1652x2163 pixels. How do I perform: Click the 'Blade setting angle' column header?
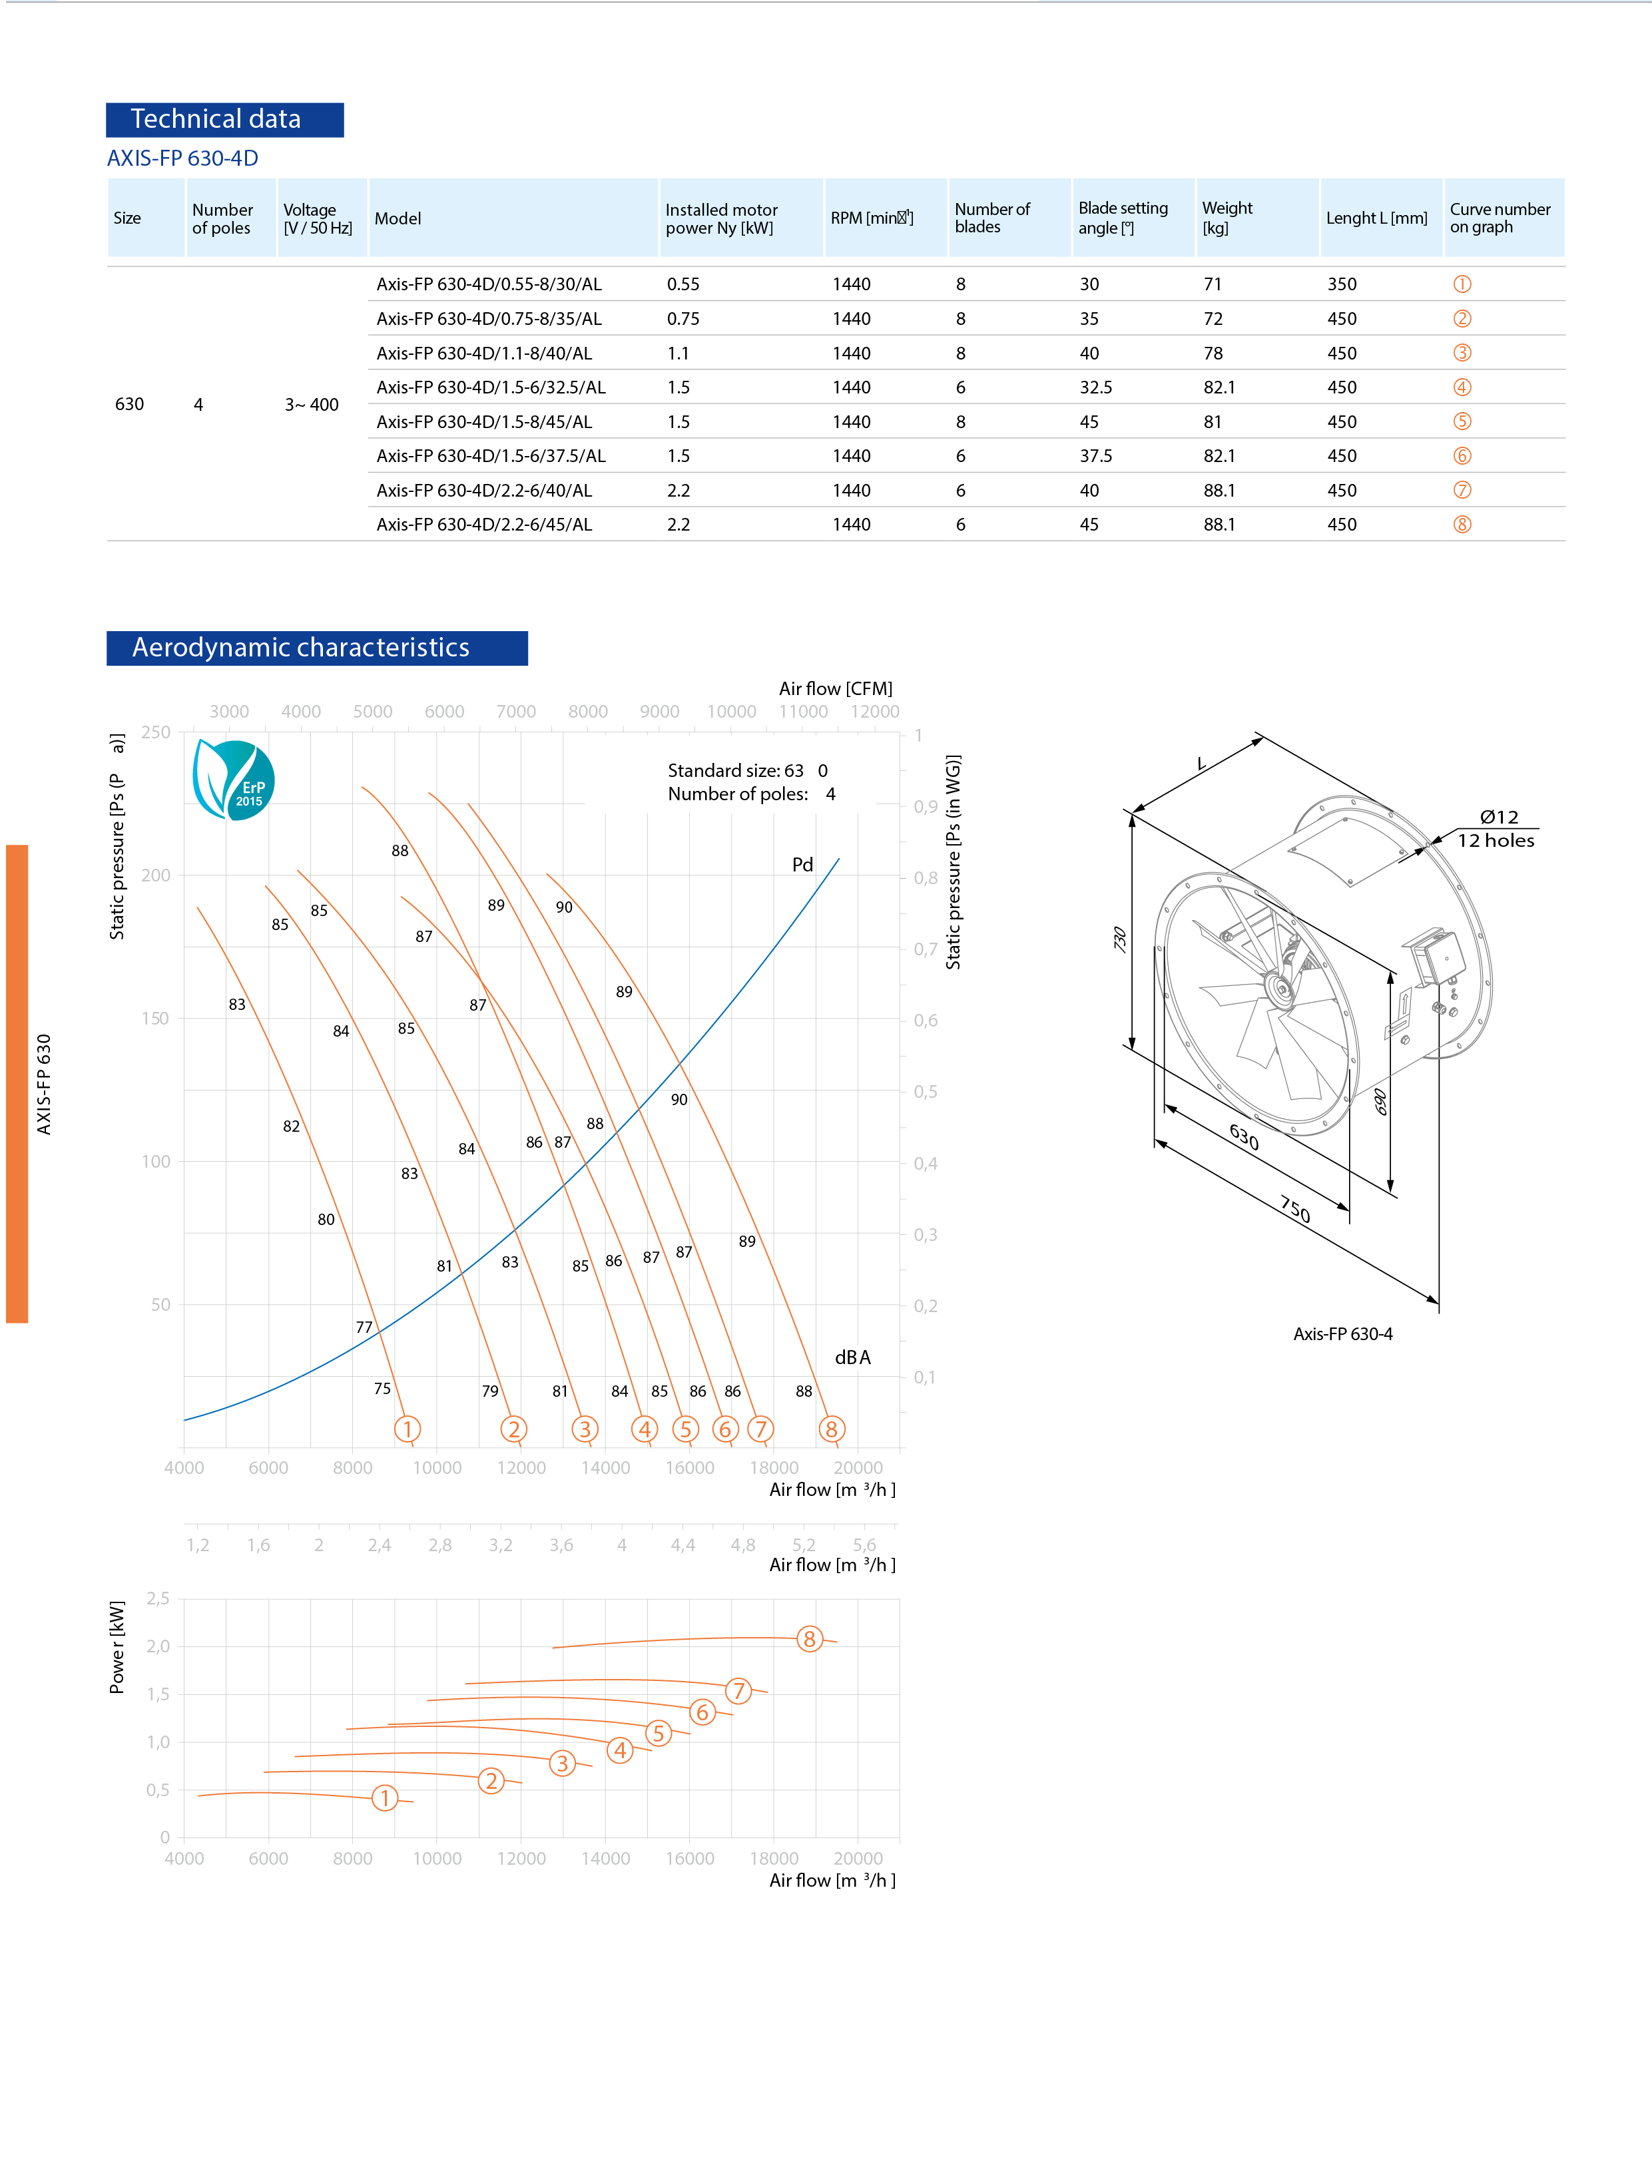pos(1123,217)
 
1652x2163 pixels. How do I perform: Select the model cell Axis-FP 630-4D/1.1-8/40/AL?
pos(484,353)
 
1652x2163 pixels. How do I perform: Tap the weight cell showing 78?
pos(1213,353)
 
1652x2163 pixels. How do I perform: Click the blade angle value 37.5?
pos(1095,456)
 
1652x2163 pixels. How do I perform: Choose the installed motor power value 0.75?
pos(683,318)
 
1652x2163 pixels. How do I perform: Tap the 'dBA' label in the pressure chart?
pos(852,1357)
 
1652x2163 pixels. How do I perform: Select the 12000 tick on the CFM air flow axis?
pos(874,712)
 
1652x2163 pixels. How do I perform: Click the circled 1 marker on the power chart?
pos(384,1798)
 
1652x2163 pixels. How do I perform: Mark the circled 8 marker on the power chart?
pos(809,1639)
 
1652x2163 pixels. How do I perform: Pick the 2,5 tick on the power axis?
pos(157,1598)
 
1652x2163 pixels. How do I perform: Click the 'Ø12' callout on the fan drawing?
pos(1499,817)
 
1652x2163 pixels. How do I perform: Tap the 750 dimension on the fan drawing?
pos(1295,1209)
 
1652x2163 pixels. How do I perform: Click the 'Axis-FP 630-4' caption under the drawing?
pos(1342,1334)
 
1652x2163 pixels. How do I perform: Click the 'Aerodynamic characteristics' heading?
pos(301,648)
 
